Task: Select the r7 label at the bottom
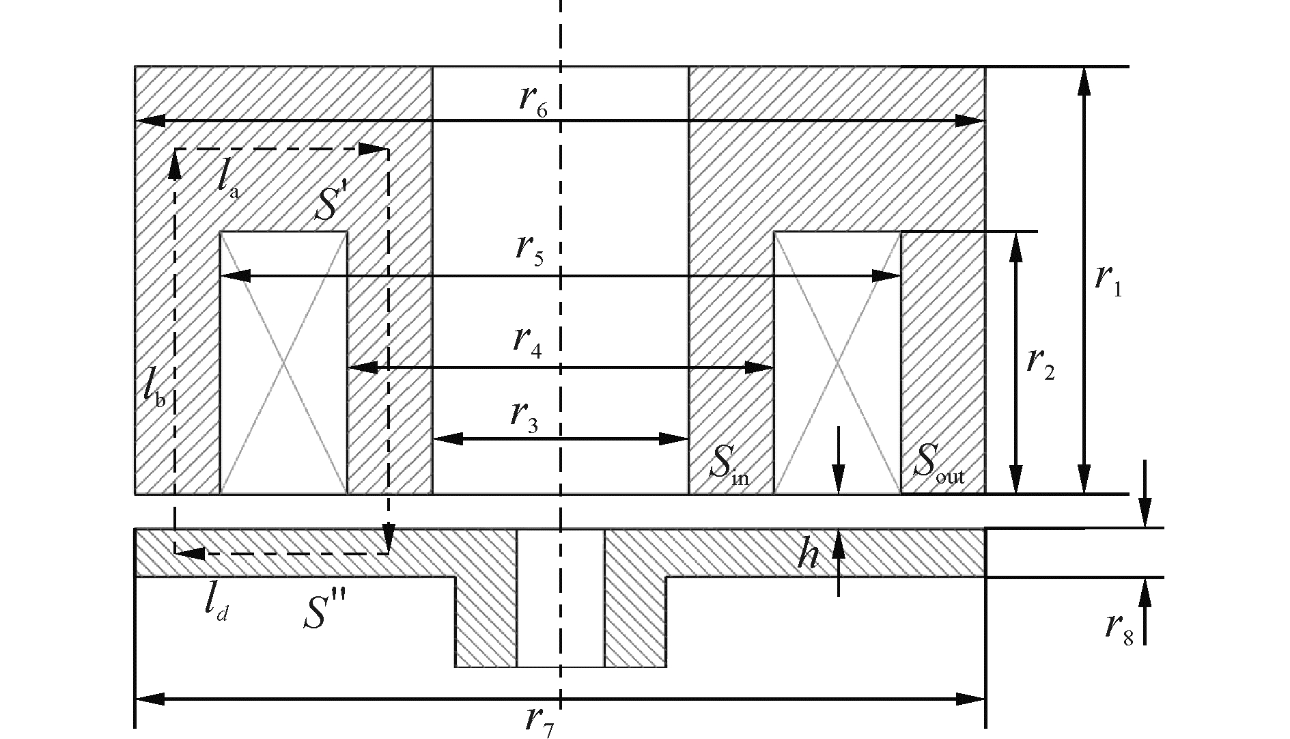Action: click(539, 721)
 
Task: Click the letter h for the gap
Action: click(809, 556)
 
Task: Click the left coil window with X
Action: click(283, 362)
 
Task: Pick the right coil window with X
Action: click(837, 362)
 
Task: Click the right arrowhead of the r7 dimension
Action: click(972, 699)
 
